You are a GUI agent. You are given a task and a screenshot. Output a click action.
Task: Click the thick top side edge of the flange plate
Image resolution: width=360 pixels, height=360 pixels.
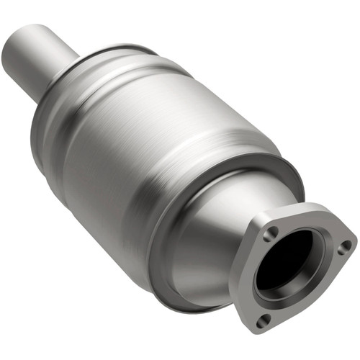[302, 208]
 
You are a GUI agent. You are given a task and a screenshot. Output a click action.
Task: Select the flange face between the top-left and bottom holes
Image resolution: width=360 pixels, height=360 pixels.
[252, 277]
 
